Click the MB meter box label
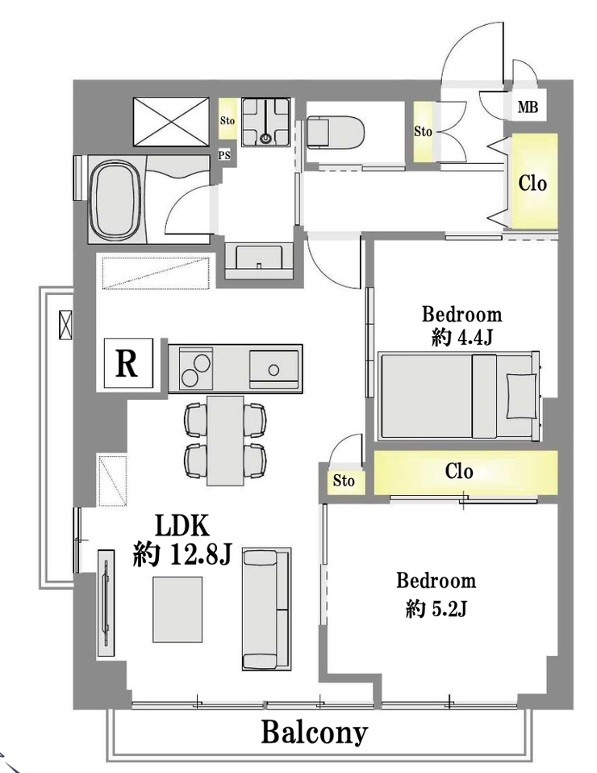(x=528, y=107)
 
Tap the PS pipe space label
(x=224, y=155)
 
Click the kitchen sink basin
(x=273, y=368)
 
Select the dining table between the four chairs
(x=225, y=440)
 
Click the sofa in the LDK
(x=266, y=609)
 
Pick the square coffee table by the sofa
(x=177, y=609)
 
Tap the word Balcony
(x=315, y=733)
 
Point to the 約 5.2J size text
(x=436, y=610)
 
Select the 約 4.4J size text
(x=461, y=338)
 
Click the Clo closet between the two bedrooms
(x=465, y=473)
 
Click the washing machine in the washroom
(x=265, y=122)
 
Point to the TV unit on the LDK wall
(x=106, y=603)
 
